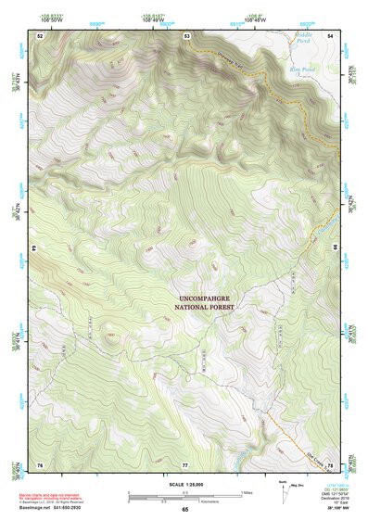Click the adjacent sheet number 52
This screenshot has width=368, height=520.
[40, 35]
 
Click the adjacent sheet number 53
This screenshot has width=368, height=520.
[186, 35]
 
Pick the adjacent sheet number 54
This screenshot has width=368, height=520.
[330, 35]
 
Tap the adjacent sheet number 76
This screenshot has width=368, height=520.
[40, 463]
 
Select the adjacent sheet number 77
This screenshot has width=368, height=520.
[185, 463]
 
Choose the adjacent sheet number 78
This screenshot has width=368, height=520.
[330, 463]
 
